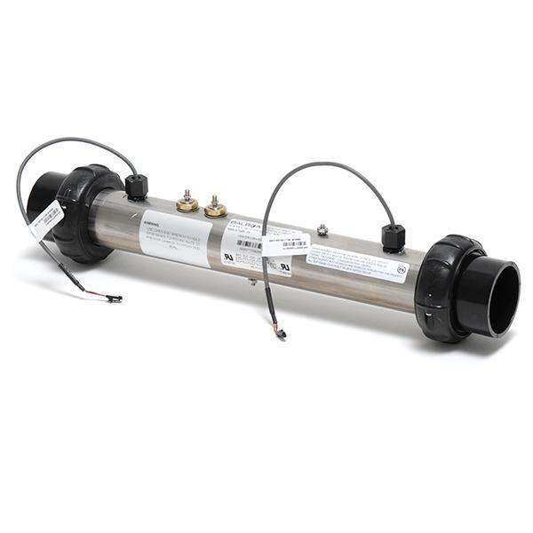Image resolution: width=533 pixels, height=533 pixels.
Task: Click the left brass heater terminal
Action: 187,203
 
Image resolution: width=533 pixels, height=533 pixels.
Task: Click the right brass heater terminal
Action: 215,209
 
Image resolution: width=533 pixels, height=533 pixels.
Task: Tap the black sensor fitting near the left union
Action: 136,187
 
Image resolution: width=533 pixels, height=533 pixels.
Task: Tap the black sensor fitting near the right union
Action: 393,238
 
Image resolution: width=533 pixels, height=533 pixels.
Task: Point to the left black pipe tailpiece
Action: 44,195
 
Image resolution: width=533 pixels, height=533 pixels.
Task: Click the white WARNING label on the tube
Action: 175,238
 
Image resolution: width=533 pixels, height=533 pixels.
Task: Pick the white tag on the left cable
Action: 46,220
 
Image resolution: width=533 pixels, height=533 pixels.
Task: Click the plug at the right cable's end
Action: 281,334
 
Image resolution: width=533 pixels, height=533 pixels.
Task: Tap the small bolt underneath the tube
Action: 253,282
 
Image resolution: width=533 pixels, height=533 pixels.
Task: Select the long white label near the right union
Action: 355,261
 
